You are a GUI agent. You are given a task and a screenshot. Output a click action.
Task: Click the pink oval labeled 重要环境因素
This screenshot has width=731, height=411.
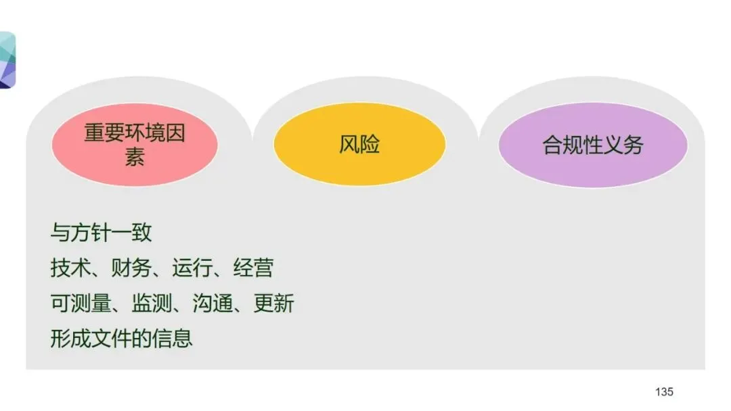pyautogui.click(x=135, y=144)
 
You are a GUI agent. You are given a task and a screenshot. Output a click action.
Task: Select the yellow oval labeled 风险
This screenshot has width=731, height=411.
pyautogui.click(x=359, y=144)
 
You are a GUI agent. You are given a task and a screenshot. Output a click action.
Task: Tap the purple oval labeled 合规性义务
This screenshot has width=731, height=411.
pyautogui.click(x=593, y=145)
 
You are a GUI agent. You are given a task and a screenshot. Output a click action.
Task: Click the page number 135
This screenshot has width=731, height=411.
pyautogui.click(x=664, y=392)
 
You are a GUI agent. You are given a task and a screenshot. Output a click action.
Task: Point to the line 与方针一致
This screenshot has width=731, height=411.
pyautogui.click(x=101, y=233)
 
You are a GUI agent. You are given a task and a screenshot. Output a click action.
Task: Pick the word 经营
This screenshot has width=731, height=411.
pyautogui.click(x=253, y=268)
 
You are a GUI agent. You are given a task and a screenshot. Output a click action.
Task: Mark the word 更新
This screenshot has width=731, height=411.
pyautogui.click(x=273, y=304)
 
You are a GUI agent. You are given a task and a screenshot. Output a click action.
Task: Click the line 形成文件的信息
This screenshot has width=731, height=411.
pyautogui.click(x=121, y=337)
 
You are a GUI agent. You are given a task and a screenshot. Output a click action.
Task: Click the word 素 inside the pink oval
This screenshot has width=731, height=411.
pyautogui.click(x=135, y=157)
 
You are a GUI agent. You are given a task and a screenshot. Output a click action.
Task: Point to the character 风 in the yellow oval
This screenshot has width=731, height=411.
pyautogui.click(x=349, y=144)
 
